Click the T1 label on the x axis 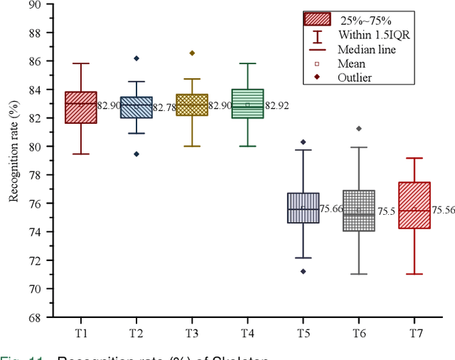82,332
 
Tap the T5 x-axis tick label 303,332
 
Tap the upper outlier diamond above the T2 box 136,58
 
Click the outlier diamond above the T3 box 192,53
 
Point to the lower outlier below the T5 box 303,271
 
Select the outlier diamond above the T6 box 358,129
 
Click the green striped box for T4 247,103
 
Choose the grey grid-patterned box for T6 358,211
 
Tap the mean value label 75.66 331,208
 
